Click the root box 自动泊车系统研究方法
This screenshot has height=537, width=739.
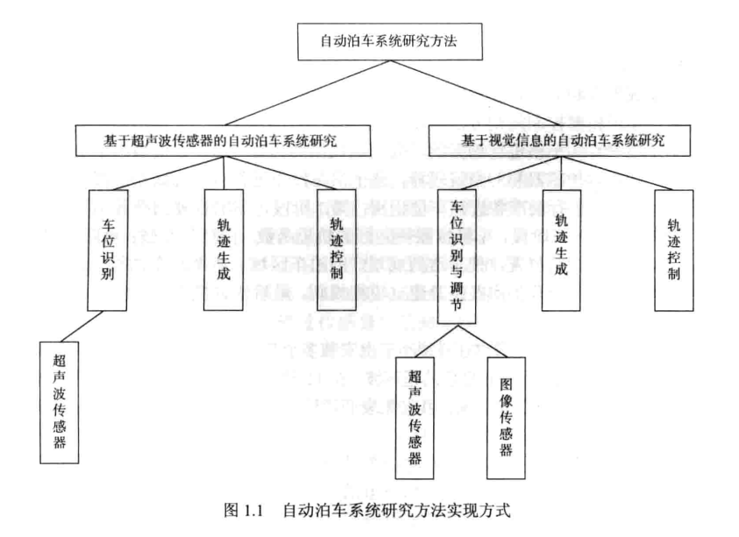pos(368,40)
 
